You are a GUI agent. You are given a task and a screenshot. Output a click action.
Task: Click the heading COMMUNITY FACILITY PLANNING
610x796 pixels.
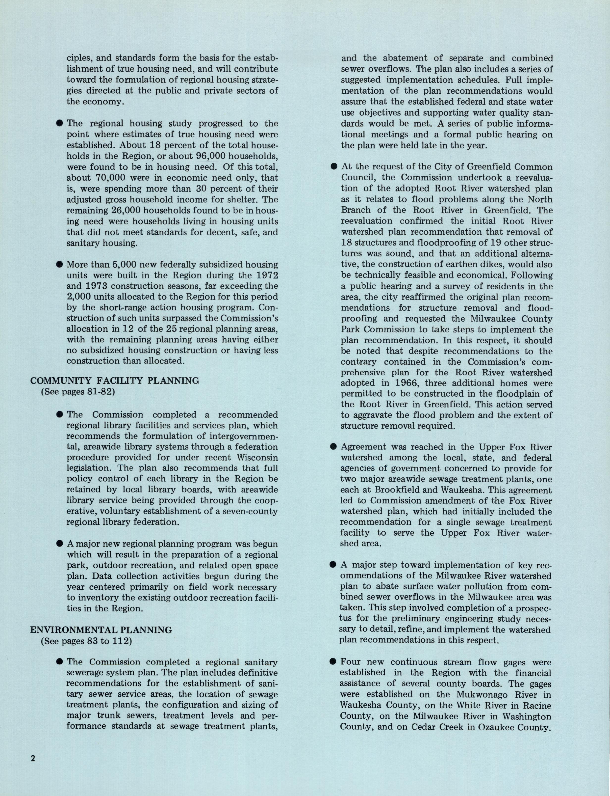115,381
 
